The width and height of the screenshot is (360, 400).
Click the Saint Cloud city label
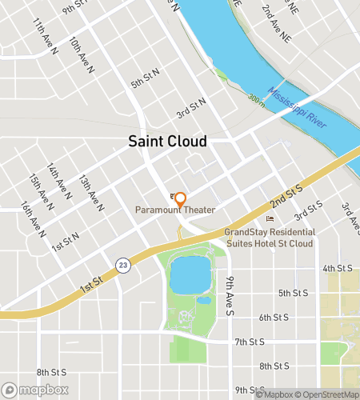(x=168, y=142)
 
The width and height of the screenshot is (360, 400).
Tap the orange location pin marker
(x=180, y=199)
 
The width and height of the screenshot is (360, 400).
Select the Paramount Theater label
(x=174, y=210)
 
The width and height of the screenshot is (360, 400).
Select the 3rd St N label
(x=191, y=107)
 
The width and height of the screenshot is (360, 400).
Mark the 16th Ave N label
(x=32, y=218)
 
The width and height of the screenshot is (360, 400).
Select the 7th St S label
(x=250, y=342)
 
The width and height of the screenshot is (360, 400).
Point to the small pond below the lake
(x=204, y=301)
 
